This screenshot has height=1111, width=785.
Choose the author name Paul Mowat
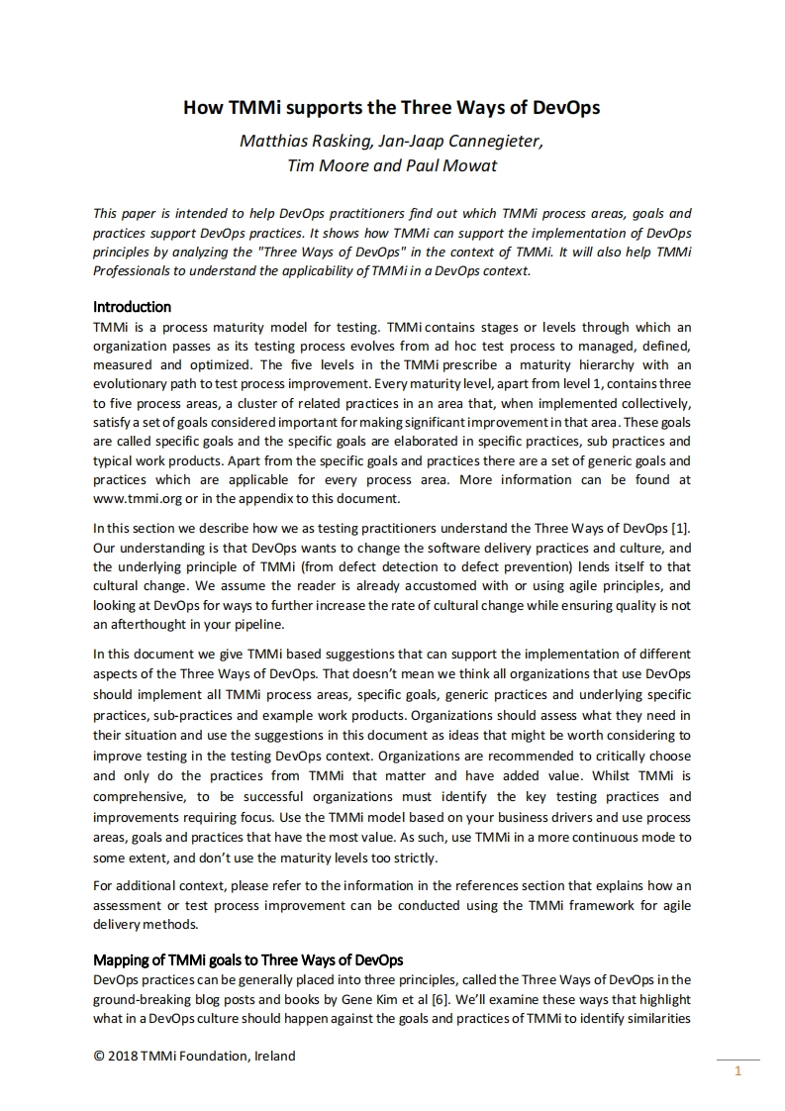pos(451,165)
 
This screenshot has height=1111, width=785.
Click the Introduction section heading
pos(132,307)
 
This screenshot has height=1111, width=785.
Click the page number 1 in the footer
pos(737,1070)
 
